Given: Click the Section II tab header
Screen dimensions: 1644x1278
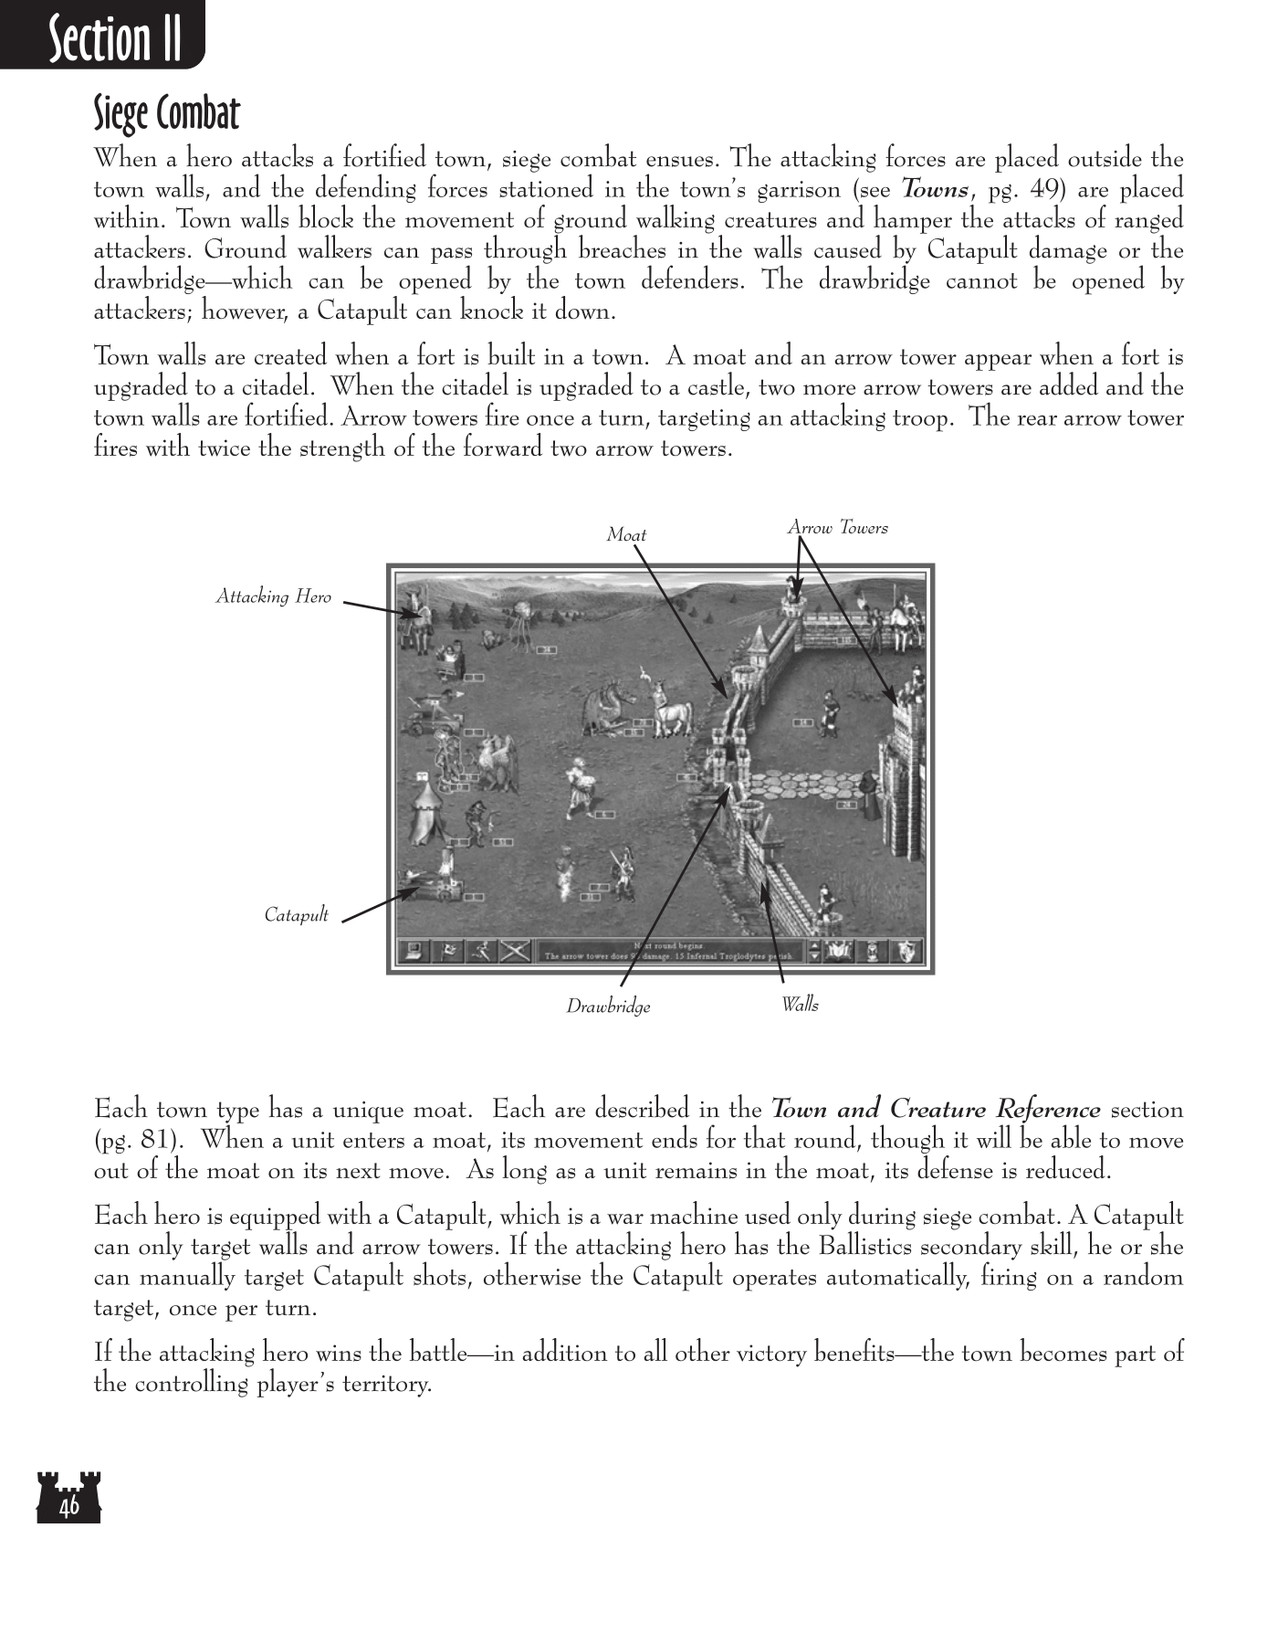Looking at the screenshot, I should [114, 38].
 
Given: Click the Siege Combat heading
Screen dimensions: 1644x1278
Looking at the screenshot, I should [166, 114].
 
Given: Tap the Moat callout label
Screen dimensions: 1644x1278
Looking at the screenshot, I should [626, 535].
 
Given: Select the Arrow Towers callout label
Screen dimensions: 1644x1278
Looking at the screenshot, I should [837, 528].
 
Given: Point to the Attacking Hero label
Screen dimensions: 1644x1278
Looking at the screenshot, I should [273, 596].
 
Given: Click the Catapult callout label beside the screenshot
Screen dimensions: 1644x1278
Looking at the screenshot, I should [296, 915].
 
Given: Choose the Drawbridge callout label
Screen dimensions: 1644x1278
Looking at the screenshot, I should [608, 1006].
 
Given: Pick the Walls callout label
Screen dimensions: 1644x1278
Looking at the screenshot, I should [800, 1005].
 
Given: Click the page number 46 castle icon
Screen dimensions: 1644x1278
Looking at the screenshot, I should [68, 1498].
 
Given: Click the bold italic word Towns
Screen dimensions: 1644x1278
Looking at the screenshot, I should [935, 190].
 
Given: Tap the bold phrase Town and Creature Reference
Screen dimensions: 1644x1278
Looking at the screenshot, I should [936, 1111].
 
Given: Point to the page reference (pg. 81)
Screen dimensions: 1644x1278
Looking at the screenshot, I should [135, 1141].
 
